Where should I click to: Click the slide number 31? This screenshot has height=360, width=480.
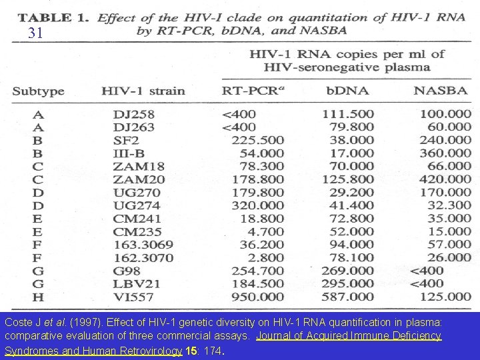pos(36,33)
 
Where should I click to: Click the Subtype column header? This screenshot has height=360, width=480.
pos(39,91)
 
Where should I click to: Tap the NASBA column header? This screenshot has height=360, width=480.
pos(441,91)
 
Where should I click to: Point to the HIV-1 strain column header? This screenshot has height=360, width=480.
pos(143,91)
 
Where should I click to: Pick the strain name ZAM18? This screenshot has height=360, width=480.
pos(135,166)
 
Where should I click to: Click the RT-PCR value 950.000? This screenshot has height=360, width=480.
pos(257,297)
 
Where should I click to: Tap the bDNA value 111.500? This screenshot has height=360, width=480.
pos(348,114)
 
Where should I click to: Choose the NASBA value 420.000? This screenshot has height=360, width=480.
pos(445,179)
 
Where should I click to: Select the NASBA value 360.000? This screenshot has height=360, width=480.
pos(445,153)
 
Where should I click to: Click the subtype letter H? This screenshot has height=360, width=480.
pos(37,297)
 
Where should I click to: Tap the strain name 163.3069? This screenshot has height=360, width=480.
pos(143,245)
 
